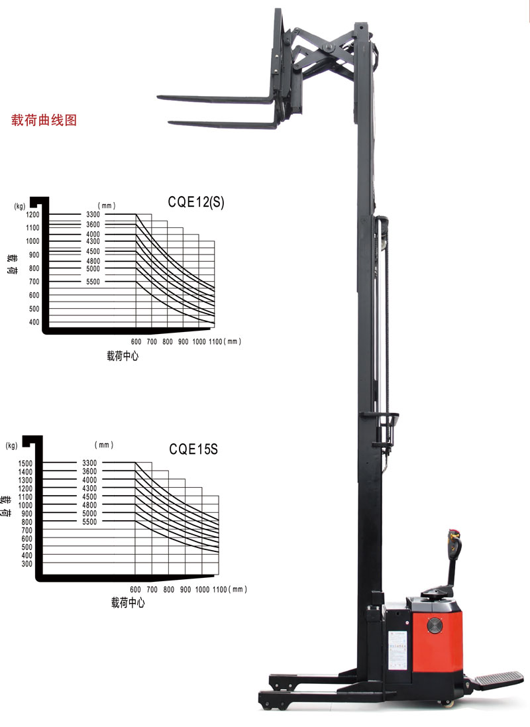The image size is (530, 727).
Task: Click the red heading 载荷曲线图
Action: [44, 120]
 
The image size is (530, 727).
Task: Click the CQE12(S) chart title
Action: [195, 202]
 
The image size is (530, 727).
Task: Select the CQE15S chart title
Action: [193, 449]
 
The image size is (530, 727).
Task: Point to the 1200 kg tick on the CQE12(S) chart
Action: [33, 214]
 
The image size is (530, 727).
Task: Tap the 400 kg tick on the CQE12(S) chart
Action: [34, 322]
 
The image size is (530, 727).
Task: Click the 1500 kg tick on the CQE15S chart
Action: [25, 463]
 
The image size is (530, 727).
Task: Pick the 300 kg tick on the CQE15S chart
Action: [27, 564]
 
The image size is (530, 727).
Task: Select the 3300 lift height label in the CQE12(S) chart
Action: [93, 214]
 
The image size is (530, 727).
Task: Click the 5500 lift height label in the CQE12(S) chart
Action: [93, 282]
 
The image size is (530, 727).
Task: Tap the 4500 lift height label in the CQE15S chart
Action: [89, 496]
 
